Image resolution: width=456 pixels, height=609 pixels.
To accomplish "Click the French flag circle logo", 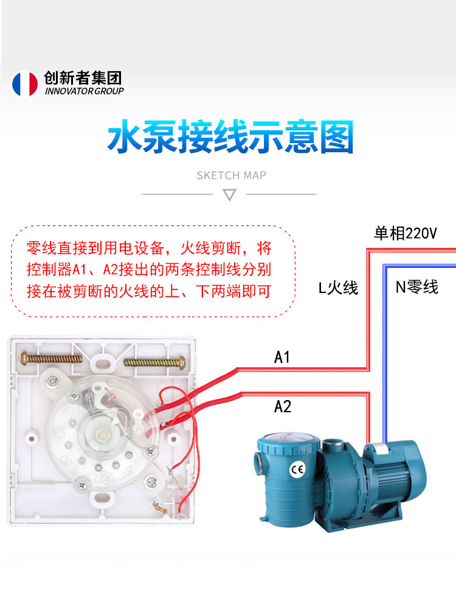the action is (25, 83).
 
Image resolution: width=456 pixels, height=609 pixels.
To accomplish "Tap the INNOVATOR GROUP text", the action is (84, 91).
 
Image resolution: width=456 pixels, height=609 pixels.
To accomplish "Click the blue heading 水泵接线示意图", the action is (230, 136).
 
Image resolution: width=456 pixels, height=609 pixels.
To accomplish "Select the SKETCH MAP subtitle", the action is (231, 175).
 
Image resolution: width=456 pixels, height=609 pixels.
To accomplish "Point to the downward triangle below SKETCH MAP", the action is (230, 195).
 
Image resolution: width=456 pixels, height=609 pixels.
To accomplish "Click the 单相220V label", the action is (405, 233).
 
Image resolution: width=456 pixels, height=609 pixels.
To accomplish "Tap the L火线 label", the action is (337, 288).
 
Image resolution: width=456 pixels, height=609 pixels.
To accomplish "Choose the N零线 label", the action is (417, 287).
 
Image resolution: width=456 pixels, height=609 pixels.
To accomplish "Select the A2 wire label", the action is (282, 407).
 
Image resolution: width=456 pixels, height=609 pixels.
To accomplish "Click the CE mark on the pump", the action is (297, 470).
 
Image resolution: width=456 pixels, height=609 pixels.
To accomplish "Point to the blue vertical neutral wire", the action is (385, 353).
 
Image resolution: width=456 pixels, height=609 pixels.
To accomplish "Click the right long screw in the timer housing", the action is (154, 362).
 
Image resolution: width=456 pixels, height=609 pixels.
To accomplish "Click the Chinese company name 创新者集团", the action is (83, 78).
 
